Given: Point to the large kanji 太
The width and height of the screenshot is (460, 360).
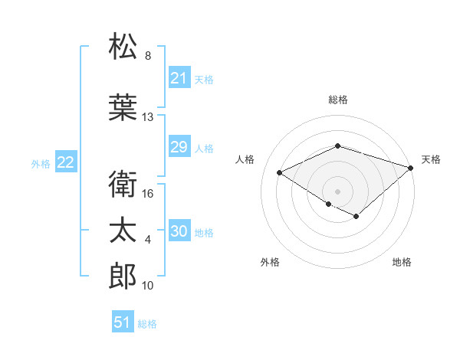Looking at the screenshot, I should point(123,230).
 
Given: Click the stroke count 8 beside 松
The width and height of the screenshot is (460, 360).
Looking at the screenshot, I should point(148,56).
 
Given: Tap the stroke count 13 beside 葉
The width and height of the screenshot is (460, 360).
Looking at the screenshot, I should point(148,117).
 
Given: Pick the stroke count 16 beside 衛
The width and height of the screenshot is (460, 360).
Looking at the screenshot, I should point(149,195).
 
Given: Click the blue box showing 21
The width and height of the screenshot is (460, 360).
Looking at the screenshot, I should point(179,77).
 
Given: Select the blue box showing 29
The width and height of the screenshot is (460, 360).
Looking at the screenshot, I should point(179,147).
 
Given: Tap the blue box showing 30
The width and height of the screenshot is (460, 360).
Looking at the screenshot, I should point(179,231).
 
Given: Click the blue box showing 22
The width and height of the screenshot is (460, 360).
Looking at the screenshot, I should point(65,162).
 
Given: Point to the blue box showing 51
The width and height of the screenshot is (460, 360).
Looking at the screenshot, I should point(123,322).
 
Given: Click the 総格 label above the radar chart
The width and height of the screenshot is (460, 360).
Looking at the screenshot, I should point(337,100).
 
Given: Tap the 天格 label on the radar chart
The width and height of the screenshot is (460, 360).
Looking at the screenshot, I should point(431,159).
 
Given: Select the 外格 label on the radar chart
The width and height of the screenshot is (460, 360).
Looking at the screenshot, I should point(270,262).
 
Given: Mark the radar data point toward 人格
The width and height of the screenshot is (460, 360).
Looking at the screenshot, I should point(280,172).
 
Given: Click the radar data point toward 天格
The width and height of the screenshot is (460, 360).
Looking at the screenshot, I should point(411,167).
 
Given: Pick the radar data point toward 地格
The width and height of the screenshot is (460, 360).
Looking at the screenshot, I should point(356,217).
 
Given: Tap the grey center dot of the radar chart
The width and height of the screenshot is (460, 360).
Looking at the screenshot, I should point(337,190).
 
